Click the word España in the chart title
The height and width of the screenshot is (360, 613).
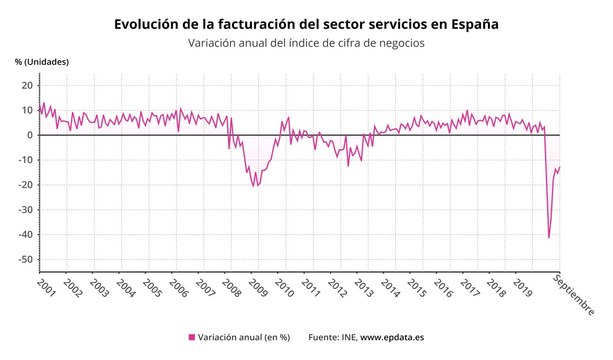pos(475,25)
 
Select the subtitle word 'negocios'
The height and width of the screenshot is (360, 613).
pos(403,43)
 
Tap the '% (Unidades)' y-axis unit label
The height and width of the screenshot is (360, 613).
pos(42,62)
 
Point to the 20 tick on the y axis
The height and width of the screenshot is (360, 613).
pos(27,85)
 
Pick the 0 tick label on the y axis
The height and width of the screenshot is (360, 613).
pos(30,135)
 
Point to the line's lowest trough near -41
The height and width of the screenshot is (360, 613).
pos(549,238)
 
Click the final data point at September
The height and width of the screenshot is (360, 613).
pos(560,167)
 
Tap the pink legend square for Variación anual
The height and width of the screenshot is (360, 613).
pos(192,337)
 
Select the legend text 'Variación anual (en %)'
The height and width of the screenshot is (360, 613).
pos(244,338)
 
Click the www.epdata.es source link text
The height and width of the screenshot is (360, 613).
pos(392,338)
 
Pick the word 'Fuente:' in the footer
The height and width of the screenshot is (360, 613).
pos(323,338)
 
